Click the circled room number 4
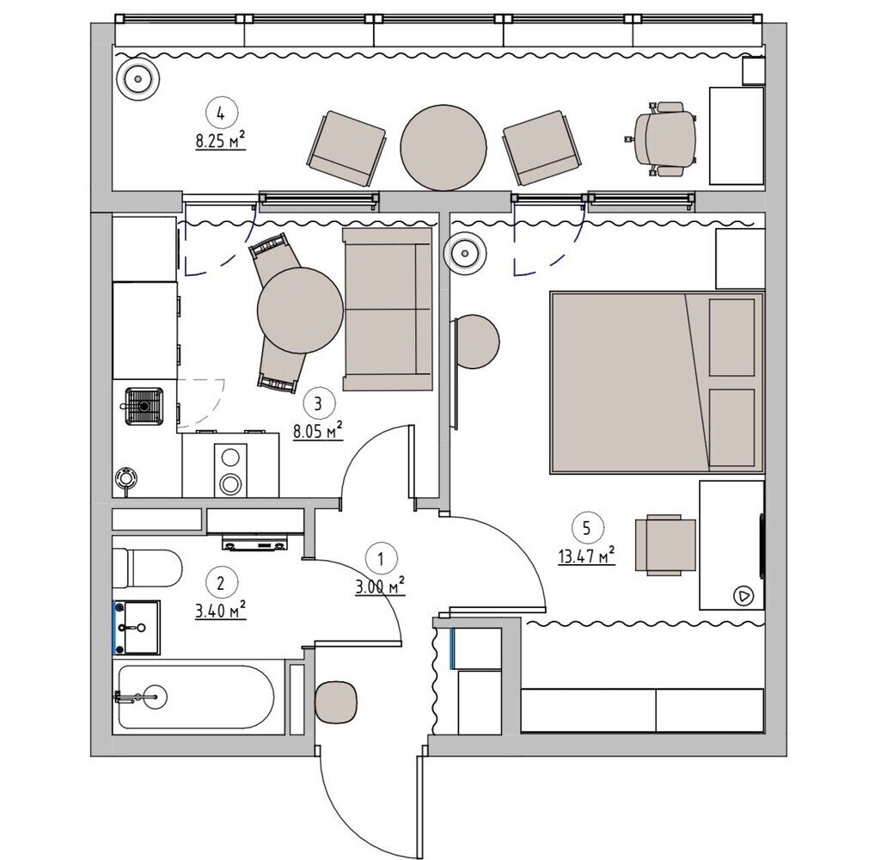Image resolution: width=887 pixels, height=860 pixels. coord(221,114)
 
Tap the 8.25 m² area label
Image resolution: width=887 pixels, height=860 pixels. coord(221,140)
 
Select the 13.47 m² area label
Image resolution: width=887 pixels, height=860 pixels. coord(587,556)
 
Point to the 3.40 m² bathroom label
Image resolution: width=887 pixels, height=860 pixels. coord(221,610)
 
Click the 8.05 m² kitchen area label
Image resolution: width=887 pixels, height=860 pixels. coord(318,432)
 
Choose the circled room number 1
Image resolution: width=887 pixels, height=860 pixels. coord(381,559)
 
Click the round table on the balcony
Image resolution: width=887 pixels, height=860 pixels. coord(443,148)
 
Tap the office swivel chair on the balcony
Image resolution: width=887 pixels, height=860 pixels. coord(661,139)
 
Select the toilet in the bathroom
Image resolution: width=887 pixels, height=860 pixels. coord(147,568)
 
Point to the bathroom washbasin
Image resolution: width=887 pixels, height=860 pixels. coord(138,627)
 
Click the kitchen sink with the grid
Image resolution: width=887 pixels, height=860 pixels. coord(144,406)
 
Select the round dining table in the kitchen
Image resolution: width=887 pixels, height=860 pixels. coord(300,310)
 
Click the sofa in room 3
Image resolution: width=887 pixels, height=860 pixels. coord(387,309)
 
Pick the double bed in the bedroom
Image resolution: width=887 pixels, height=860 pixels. coord(657,383)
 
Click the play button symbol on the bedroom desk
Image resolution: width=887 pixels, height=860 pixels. coord(743,596)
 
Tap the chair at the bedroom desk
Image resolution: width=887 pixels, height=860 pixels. coord(665,544)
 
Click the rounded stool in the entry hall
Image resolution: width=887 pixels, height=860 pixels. coord(336,703)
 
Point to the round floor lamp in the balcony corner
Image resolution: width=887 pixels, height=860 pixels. coord(138,80)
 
